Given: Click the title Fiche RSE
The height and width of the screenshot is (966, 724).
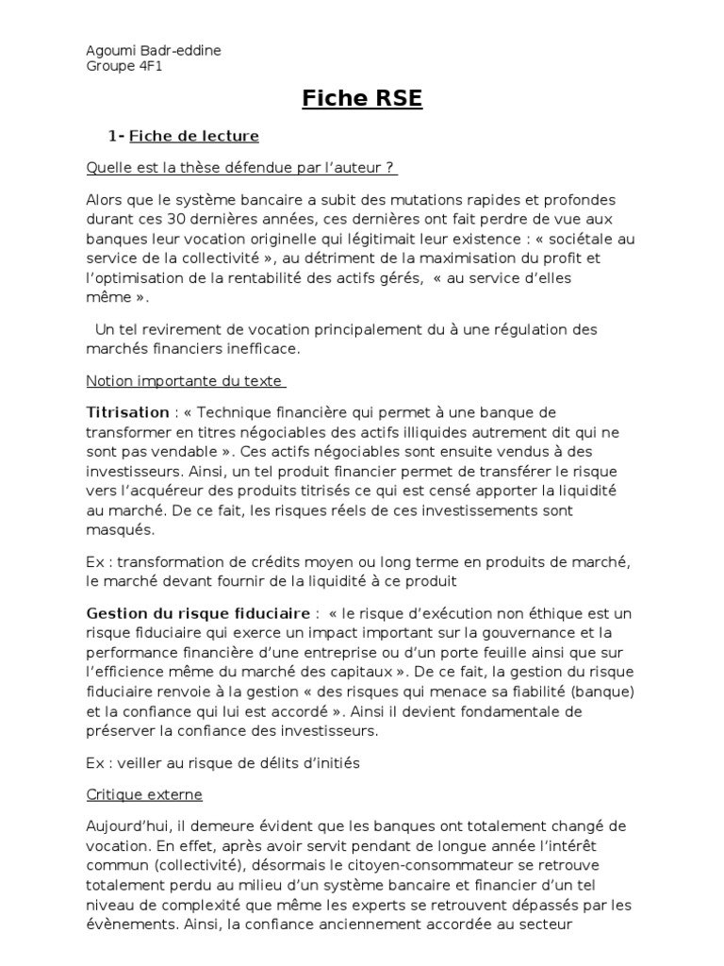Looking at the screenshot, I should (362, 99).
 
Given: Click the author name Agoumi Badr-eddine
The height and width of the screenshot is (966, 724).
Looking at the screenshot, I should (154, 50).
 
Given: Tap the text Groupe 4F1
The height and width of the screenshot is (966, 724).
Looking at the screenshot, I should (124, 66).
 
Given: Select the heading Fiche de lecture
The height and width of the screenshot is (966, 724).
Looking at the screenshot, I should (194, 136).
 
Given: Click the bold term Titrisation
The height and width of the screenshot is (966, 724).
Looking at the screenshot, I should (127, 413).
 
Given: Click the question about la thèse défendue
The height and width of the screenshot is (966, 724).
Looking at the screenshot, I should (241, 168).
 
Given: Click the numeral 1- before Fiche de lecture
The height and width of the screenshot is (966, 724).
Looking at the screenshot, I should (117, 136).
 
